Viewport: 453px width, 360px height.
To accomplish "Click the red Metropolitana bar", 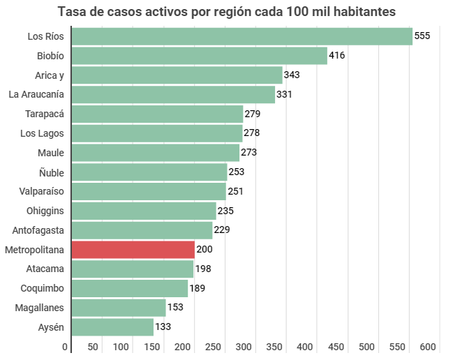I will coord(133,250).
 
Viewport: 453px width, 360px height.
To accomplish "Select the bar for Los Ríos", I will coord(242,36).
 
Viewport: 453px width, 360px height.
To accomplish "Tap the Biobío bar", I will coord(199,56).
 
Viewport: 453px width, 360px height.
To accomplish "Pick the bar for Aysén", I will coord(112,327).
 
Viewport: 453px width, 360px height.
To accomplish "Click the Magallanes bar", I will coord(118,308).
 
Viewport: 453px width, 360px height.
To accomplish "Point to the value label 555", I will coord(422,36).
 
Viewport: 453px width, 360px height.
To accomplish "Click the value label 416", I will coord(337,55).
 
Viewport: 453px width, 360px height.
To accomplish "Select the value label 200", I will coord(204,249).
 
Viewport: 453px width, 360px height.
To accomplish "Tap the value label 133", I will coord(163,327).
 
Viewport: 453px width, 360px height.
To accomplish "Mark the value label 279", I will coord(252,114).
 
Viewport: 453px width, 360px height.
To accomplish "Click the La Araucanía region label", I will coord(36,94).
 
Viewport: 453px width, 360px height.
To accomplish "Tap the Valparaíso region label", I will coord(40,191).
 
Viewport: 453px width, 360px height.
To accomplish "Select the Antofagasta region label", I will coord(38,230).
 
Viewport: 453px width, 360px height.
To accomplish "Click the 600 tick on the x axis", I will coord(428,347).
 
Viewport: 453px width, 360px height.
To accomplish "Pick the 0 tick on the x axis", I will coord(66,347).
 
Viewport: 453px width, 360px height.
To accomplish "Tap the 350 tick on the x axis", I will coord(274,347).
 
